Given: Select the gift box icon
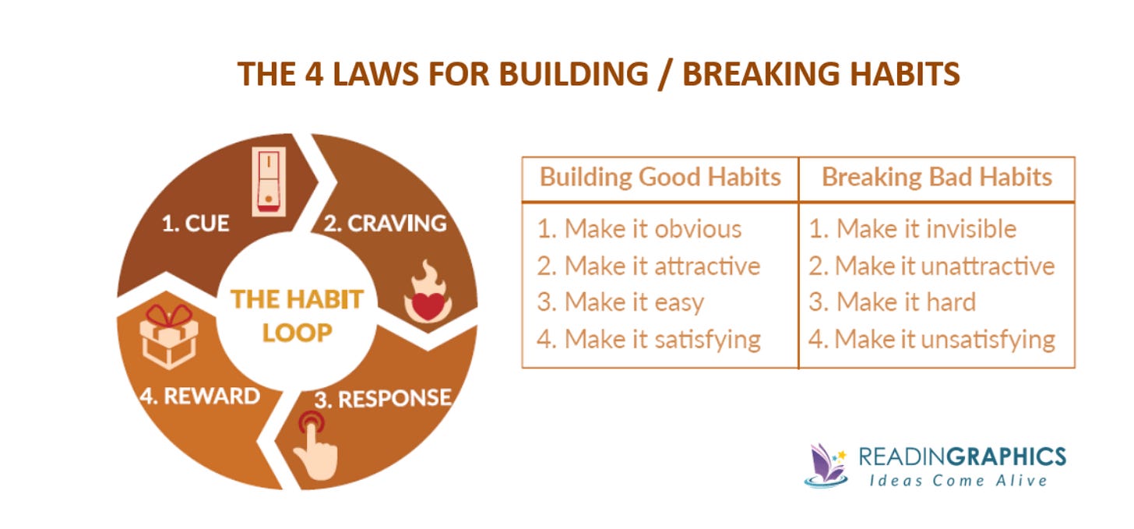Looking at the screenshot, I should pos(168,337).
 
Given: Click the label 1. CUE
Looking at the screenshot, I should pos(195,224).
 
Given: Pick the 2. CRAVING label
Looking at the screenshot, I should pos(385,224).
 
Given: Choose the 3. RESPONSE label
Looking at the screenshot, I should pos(382,399).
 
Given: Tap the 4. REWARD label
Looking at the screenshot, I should pos(200,395).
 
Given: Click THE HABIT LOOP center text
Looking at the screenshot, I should pos(297,316).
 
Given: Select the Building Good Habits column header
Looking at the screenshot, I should pos(660,177).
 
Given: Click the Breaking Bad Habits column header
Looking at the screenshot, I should pos(937,177).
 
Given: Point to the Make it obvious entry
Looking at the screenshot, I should pos(639,228).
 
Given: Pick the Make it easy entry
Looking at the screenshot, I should pos(621,302).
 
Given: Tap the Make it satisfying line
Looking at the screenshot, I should pos(649,339).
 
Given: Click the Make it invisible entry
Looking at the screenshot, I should pos(913,228).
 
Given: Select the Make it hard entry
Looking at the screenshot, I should pos(893,302).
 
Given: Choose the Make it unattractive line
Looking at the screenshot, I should pos(931,266).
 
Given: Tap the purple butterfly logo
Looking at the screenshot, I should pos(827,464).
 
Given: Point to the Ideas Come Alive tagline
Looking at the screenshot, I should pos(958,480).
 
